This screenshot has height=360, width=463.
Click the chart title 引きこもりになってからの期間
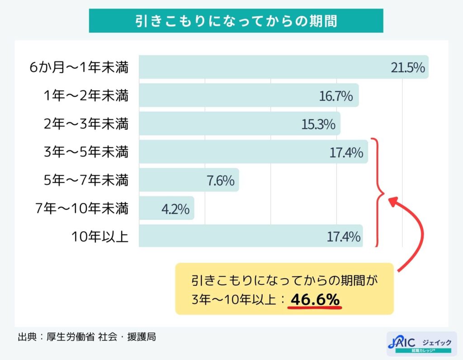(236, 21)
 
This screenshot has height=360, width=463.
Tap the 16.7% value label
(335, 96)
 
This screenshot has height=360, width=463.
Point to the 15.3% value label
(318, 124)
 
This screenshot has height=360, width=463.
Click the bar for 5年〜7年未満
(181, 180)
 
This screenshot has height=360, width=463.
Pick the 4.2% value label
(175, 208)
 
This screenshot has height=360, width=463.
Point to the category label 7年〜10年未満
(82, 208)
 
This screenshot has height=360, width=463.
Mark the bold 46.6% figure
(315, 299)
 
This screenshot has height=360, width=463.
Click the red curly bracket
(378, 192)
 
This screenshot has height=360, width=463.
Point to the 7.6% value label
(220, 180)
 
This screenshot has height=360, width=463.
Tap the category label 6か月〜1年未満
(79, 68)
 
